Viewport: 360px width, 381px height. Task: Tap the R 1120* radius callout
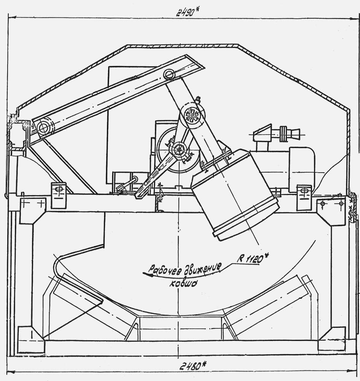251,259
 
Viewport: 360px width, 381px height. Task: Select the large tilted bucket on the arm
234,195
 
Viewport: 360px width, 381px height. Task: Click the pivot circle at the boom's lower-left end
43,127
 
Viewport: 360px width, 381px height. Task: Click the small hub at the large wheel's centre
179,149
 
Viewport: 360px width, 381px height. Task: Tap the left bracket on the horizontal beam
59,195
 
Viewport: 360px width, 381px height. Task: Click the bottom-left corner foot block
31,340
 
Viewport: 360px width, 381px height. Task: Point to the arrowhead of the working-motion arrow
146,274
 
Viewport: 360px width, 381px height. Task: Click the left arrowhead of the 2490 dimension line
12,18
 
